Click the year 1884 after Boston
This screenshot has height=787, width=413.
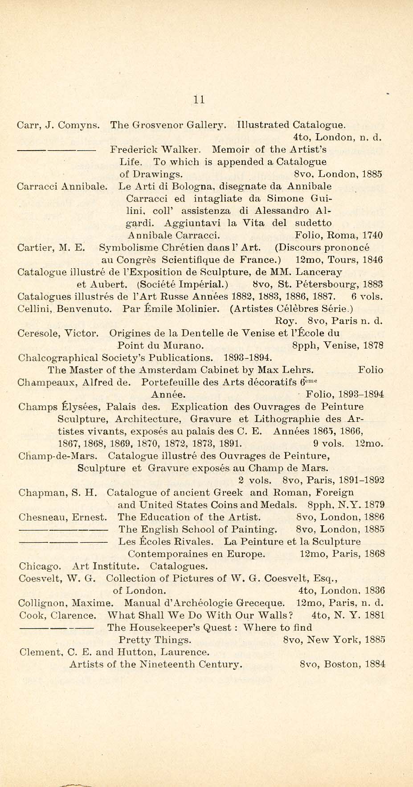(x=374, y=664)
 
